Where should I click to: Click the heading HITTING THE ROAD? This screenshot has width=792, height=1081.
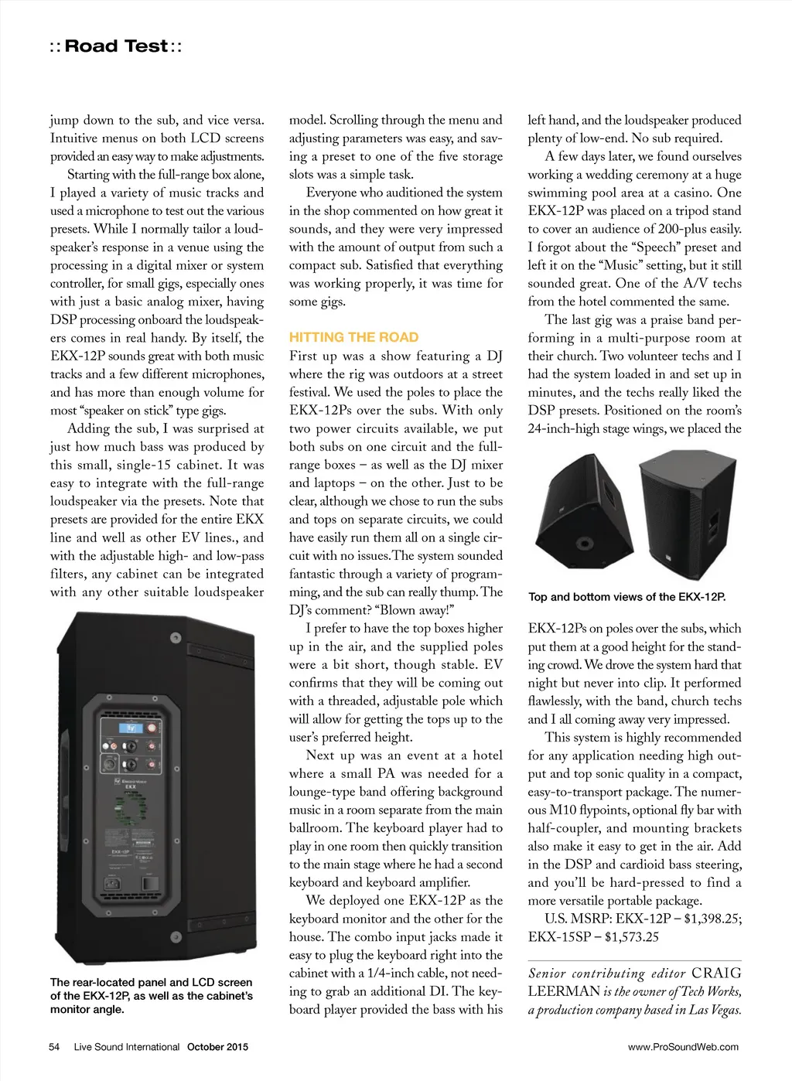point(353,337)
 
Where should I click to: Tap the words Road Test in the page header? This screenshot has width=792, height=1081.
point(116,46)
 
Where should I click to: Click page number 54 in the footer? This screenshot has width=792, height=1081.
point(54,1047)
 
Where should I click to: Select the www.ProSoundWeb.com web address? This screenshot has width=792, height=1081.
point(683,1047)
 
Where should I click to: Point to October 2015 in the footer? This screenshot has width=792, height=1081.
point(217,1047)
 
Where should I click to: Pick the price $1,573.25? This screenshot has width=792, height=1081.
point(632,937)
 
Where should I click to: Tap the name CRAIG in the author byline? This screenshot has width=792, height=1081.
point(716,974)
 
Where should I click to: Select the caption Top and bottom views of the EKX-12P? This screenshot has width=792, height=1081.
point(626,597)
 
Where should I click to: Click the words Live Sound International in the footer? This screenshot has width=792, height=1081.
point(127,1047)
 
